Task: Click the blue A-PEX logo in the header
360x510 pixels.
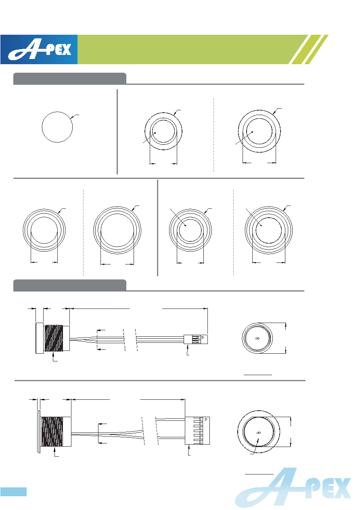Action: [x=39, y=49]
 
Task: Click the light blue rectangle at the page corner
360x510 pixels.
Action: [x=13, y=491]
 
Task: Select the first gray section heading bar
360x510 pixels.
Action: [x=70, y=79]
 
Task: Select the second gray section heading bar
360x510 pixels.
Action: [x=70, y=285]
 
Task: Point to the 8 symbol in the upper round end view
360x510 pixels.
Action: [x=257, y=338]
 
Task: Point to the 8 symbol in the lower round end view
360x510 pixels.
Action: [x=259, y=432]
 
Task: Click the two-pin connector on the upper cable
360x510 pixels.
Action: [x=196, y=339]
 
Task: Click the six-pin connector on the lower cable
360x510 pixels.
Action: [x=197, y=430]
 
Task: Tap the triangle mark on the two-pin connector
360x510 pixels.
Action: [x=203, y=337]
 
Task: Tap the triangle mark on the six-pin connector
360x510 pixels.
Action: [x=206, y=419]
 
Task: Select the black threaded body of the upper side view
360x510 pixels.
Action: [x=53, y=338]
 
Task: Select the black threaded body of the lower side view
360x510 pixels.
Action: [x=52, y=431]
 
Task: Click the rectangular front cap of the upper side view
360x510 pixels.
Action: [x=40, y=338]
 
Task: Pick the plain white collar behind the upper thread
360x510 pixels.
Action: [x=66, y=338]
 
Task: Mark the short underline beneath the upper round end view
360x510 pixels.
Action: [x=258, y=375]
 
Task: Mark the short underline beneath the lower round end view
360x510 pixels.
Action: [x=259, y=474]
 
